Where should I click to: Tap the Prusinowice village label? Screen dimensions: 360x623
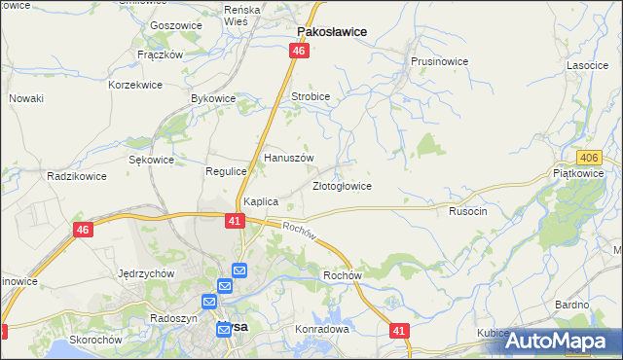tap(439, 61)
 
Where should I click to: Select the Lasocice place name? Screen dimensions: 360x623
tap(588, 65)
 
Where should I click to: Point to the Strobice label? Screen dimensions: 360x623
tap(311, 97)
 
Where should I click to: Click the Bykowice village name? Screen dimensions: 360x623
tap(213, 99)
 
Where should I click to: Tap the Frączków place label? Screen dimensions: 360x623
tap(161, 54)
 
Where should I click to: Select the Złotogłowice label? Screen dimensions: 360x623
tap(341, 185)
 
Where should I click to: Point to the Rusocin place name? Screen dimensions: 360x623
tap(467, 210)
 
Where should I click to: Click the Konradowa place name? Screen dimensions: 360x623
tap(321, 329)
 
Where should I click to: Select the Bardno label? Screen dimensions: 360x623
tap(571, 305)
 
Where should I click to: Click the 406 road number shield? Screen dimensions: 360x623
tap(587, 158)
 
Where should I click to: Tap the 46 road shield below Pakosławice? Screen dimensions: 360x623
tap(300, 51)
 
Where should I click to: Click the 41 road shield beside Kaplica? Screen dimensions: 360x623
tap(235, 221)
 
